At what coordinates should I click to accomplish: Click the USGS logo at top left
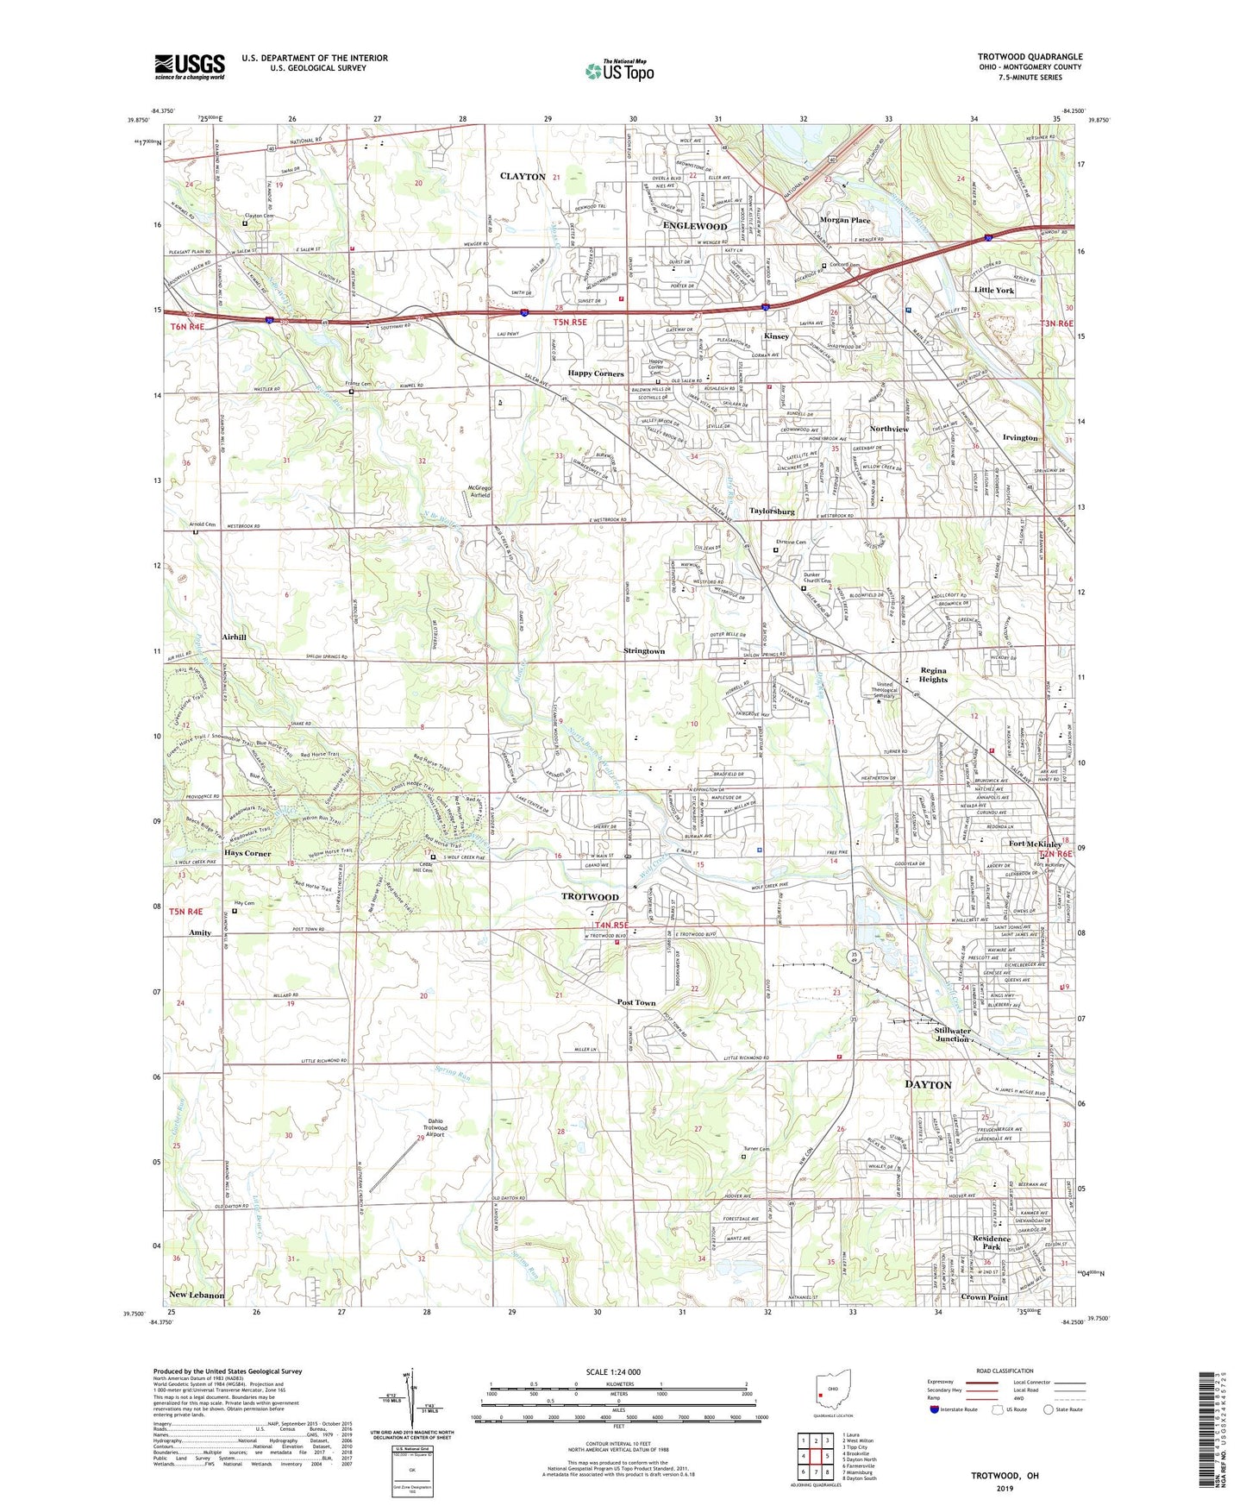(190, 66)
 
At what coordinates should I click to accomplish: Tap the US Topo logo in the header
(619, 71)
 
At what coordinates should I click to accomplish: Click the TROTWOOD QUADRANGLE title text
(1030, 57)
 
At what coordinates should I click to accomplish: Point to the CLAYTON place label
(523, 177)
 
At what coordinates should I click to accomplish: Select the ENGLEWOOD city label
(695, 226)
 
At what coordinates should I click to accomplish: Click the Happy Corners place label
(595, 373)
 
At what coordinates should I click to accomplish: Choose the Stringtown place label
(644, 651)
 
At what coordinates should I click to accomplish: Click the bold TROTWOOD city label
(590, 897)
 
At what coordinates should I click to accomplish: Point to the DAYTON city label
(928, 1084)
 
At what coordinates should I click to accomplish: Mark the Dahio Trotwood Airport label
(435, 1128)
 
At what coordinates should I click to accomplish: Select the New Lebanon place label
(197, 1295)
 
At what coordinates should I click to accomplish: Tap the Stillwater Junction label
(952, 1034)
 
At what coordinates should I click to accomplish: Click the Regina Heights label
(933, 675)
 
